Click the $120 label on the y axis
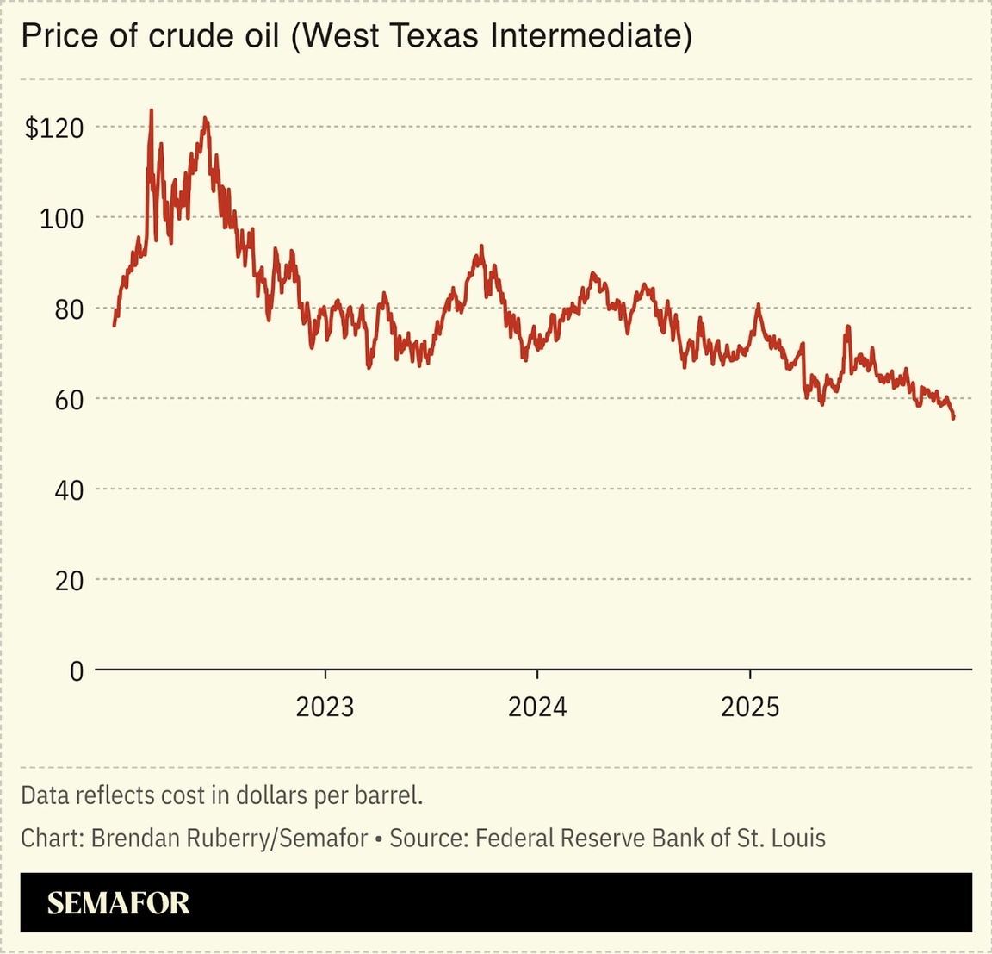(x=54, y=128)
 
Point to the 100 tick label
(x=62, y=219)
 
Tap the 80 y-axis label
(x=69, y=309)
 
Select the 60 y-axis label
(x=69, y=400)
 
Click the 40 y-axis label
(x=69, y=490)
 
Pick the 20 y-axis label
(x=69, y=581)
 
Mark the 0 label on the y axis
(x=77, y=671)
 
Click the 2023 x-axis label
(x=325, y=708)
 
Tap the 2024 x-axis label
(x=537, y=708)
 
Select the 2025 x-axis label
(x=750, y=708)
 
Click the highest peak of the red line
(x=152, y=110)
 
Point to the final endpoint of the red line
(x=953, y=419)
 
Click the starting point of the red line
(x=115, y=325)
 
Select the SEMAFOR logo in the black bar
(x=118, y=903)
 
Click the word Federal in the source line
(x=512, y=838)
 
